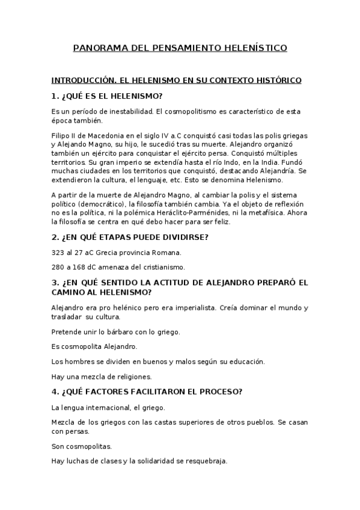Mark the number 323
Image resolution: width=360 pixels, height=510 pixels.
59,252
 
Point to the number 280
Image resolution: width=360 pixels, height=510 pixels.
59,266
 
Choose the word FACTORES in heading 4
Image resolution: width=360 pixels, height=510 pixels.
111,392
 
